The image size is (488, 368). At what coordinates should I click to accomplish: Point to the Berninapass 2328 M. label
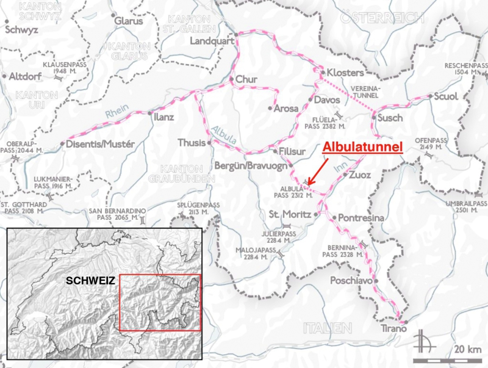tap(343, 249)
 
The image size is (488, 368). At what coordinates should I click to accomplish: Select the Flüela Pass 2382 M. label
tap(325, 121)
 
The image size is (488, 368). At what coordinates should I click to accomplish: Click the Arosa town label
tap(286, 109)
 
